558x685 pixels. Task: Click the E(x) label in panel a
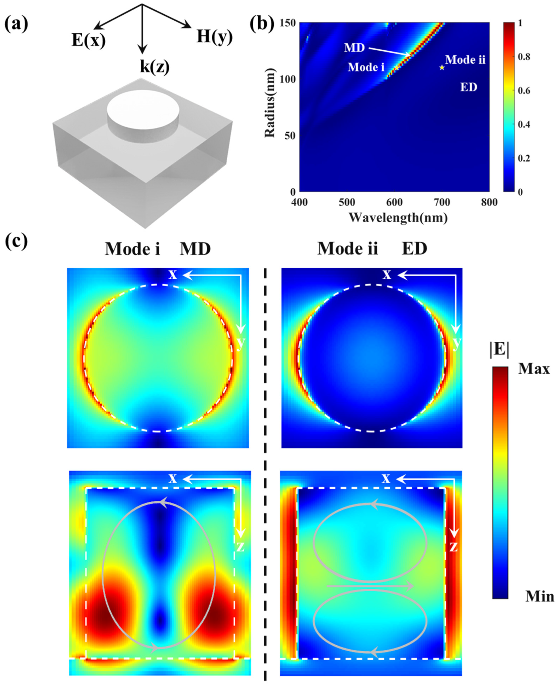tap(88, 41)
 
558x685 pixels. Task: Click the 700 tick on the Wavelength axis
tap(442, 202)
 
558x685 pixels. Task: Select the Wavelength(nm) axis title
tap(398, 218)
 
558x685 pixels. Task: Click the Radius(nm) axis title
tap(270, 103)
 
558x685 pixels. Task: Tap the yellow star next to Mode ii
tap(442, 67)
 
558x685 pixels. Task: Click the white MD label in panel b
tap(355, 48)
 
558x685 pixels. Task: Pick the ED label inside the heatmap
tap(468, 87)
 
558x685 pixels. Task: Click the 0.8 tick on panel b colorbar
tap(524, 57)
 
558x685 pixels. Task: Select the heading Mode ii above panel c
tap(347, 248)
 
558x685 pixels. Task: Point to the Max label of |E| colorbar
tap(534, 369)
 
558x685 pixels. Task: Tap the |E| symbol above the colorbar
tap(499, 350)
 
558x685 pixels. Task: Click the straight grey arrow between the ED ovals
tap(370, 586)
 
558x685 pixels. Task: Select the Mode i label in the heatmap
tap(366, 67)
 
